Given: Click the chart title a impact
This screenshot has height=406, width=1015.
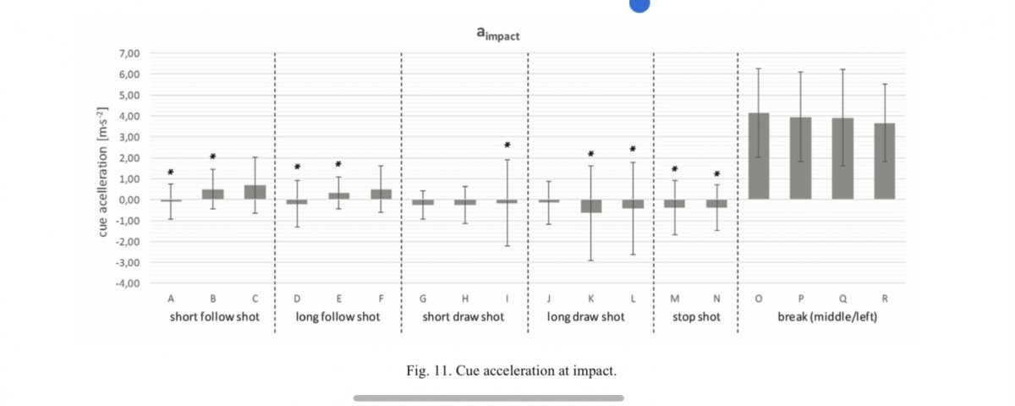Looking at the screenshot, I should click(497, 34).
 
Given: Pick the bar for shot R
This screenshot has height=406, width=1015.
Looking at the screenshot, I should click(884, 162).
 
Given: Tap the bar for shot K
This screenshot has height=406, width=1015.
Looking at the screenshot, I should click(590, 206).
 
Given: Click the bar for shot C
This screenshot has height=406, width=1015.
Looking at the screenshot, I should click(255, 192).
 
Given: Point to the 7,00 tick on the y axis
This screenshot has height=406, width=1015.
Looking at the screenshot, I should click(127, 53).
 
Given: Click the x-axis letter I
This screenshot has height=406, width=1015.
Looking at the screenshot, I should click(507, 298).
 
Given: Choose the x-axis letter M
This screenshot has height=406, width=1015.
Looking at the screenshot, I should click(674, 298).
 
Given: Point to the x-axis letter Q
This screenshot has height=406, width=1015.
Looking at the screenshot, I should click(842, 298).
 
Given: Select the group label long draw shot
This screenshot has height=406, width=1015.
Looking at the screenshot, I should click(590, 317).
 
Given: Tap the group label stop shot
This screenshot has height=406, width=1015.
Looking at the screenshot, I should click(695, 317).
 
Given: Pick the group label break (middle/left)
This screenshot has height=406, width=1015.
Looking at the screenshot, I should click(820, 317).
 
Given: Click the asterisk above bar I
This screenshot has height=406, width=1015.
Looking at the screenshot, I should click(507, 145).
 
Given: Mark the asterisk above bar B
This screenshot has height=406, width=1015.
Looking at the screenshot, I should click(213, 156).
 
